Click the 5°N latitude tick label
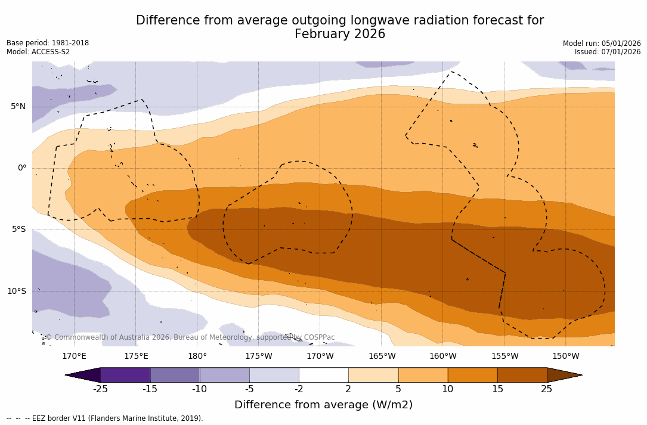point(18,107)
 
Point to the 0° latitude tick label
point(22,168)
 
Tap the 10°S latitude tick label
point(17,291)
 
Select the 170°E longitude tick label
point(74,356)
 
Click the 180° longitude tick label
point(197,356)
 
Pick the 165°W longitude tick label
point(382,356)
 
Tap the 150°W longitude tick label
point(565,356)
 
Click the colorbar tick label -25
point(100,389)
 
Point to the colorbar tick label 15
point(497,389)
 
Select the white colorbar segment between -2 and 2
point(324,375)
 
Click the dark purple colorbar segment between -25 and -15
point(125,375)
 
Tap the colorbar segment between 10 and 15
point(472,375)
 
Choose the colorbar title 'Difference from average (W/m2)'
point(323,405)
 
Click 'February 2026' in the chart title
point(340,34)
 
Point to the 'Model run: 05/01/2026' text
point(602,44)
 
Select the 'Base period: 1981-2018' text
point(48,43)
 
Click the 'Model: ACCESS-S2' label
point(38,52)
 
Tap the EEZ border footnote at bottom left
point(105,418)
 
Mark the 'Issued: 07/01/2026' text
point(608,52)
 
